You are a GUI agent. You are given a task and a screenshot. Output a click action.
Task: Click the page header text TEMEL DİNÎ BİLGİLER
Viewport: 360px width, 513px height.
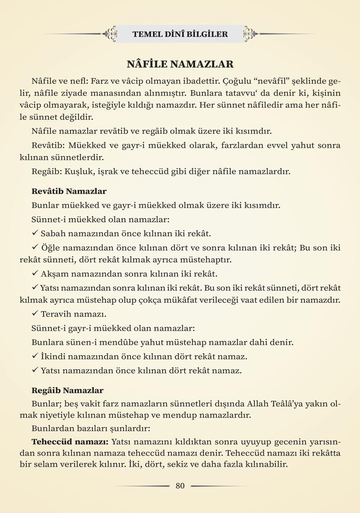pyautogui.click(x=180, y=34)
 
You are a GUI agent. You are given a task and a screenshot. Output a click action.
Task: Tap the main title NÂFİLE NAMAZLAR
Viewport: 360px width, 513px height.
pyautogui.click(x=180, y=64)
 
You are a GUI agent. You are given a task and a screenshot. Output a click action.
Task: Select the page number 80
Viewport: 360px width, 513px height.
pyautogui.click(x=180, y=486)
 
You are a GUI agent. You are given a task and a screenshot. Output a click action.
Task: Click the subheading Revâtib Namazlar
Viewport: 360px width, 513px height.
pyautogui.click(x=69, y=191)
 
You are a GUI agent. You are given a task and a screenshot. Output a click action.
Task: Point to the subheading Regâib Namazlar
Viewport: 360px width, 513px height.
pyautogui.click(x=67, y=390)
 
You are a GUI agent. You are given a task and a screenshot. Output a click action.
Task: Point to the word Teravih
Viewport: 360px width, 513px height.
pyautogui.click(x=56, y=314)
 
